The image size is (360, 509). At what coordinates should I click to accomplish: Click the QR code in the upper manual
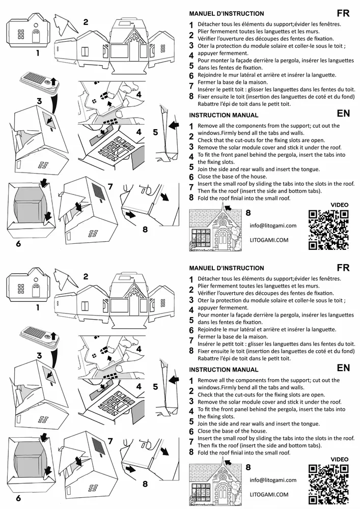328,230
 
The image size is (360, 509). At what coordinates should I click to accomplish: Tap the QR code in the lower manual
328,484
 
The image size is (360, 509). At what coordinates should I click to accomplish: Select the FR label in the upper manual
343,13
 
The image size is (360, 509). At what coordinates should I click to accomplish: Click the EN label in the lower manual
343,367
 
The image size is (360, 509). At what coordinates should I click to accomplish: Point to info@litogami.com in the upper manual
273,225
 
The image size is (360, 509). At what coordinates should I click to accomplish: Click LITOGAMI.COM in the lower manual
269,494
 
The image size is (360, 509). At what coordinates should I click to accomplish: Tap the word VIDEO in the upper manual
340,205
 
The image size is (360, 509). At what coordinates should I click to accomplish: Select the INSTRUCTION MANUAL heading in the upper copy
224,115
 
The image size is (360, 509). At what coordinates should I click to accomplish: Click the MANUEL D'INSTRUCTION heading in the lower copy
227,268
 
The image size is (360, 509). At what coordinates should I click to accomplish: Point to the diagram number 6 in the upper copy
18,243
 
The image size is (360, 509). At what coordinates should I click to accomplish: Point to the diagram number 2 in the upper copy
86,21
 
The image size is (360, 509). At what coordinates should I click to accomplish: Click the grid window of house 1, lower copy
21,289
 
